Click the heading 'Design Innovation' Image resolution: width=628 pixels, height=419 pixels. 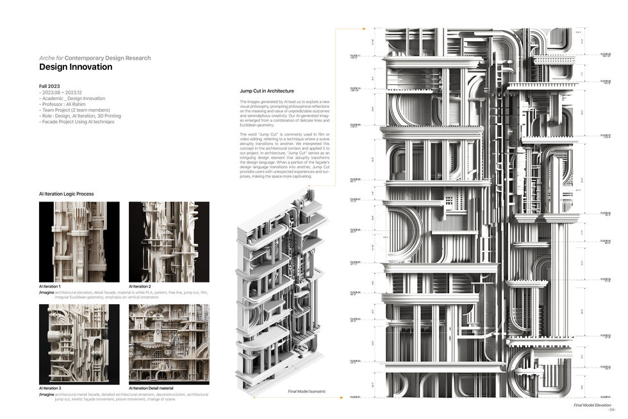pos(76,67)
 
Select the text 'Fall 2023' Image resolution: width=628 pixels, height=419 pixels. pos(49,86)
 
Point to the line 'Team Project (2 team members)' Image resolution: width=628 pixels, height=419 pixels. pos(74,110)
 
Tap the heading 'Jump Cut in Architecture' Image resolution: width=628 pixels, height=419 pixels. pos(267,91)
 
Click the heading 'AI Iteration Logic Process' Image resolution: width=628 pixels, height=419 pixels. pos(67,194)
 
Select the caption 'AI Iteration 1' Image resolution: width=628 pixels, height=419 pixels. pos(50,286)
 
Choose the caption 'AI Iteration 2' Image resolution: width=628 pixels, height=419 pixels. pos(140,286)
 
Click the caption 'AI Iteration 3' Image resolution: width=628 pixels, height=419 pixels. pos(50,388)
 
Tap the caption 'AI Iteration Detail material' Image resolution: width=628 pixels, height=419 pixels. pos(151,388)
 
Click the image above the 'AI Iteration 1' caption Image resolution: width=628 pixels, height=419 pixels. pos(79,242)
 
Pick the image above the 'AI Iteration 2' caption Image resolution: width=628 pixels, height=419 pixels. pos(169,242)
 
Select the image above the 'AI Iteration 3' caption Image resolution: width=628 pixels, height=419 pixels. pos(79,344)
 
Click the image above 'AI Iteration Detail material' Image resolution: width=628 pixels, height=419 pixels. pos(169,344)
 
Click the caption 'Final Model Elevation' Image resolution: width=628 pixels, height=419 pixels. pos(592,406)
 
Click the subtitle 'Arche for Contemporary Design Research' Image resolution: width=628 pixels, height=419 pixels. pos(95,58)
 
